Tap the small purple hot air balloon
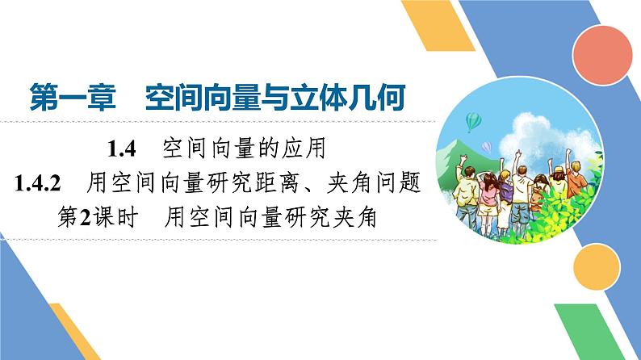(x=487, y=146)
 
